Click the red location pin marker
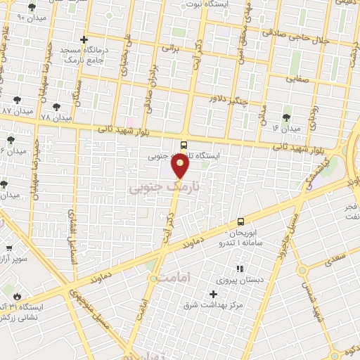[x=181, y=166]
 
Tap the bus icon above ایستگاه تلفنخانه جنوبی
[x=184, y=146]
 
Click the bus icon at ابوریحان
[x=241, y=221]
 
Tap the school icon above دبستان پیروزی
[x=239, y=269]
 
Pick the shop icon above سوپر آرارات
[x=9, y=248]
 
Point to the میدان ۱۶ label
[x=286, y=129]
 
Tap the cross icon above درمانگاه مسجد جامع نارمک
[x=84, y=39]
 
